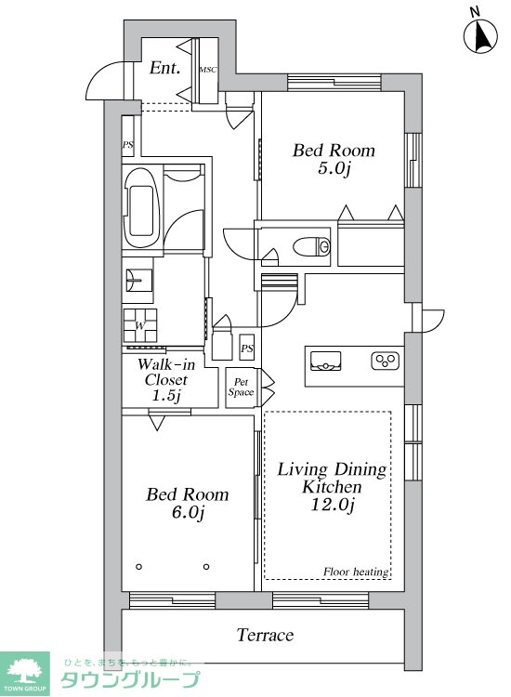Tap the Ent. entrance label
(164, 68)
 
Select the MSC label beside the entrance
(208, 70)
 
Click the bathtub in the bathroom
(142, 208)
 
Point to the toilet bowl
(312, 246)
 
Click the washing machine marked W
(140, 325)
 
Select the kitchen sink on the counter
(326, 361)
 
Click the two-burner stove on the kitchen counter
(385, 361)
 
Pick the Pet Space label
(241, 388)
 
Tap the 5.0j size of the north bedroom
(334, 169)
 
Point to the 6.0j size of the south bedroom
(188, 513)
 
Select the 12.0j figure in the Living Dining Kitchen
(332, 505)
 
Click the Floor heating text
(356, 572)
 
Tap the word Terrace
(265, 635)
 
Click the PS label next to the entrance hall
(128, 145)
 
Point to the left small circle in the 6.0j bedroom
(139, 567)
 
